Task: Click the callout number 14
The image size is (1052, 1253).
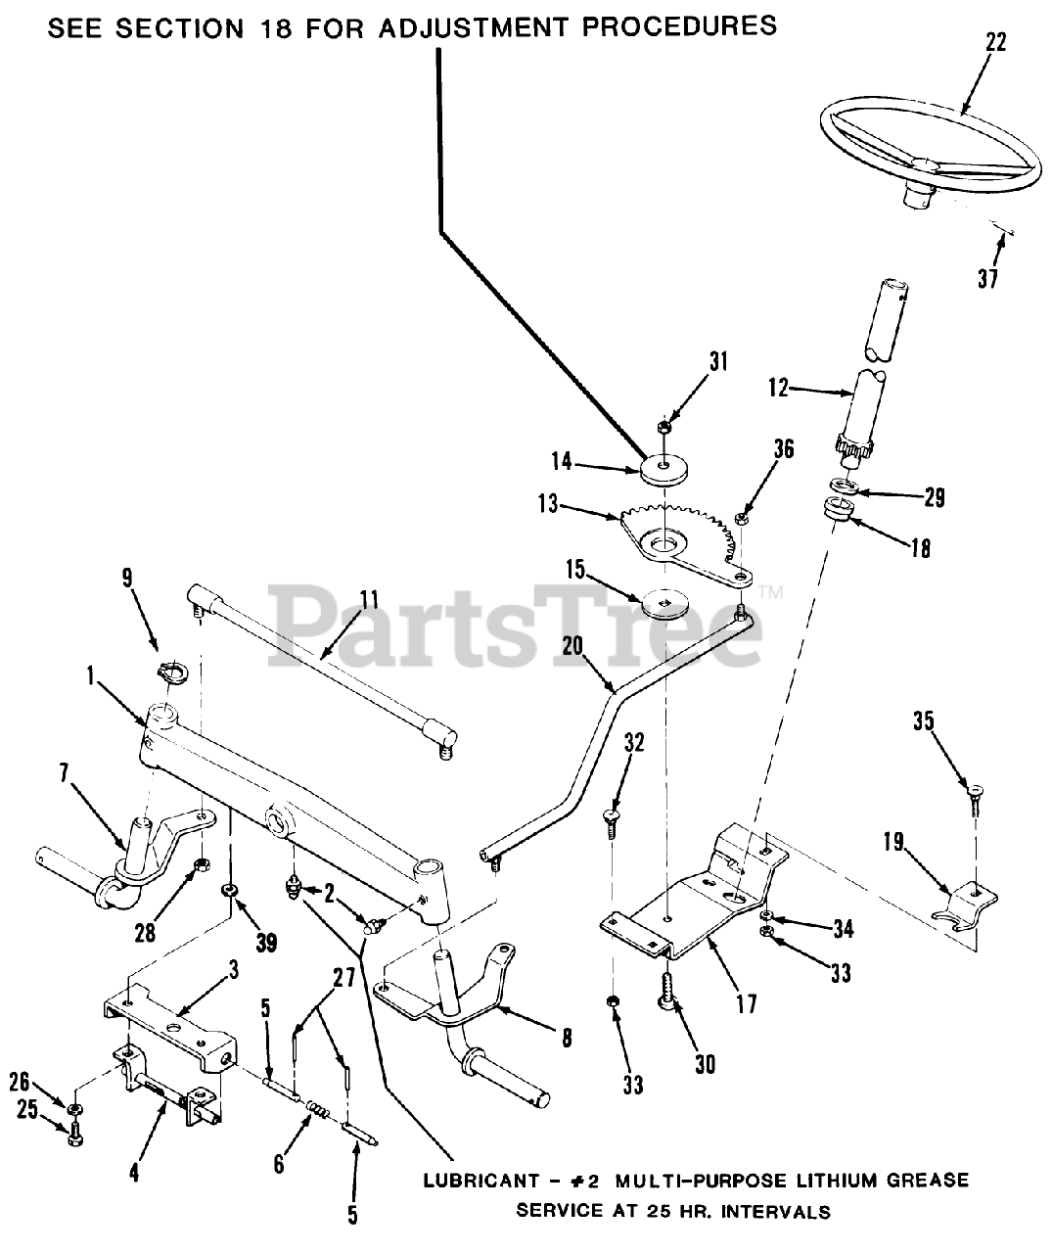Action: (588, 461)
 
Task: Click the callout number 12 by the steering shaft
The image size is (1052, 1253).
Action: (778, 389)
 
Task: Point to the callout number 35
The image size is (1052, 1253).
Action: (924, 722)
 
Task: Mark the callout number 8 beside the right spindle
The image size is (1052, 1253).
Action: (568, 1039)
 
